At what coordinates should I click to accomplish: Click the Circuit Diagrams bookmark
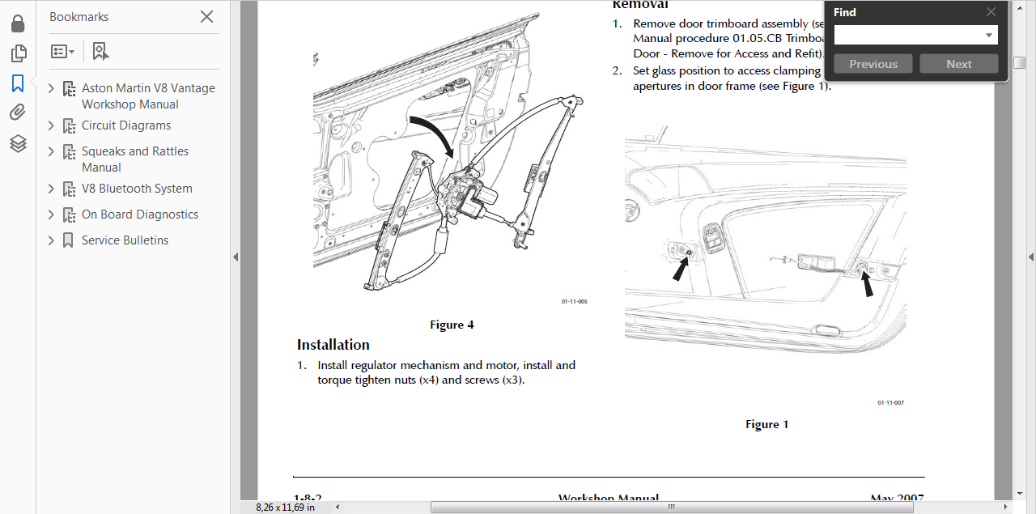125,125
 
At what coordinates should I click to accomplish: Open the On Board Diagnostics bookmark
139,215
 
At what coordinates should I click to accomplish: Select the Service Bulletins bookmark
125,240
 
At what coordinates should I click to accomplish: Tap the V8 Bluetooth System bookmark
137,189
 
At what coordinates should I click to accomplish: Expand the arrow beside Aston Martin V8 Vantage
52,88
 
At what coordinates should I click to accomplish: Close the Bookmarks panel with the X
206,17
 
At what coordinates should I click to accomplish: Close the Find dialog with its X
991,12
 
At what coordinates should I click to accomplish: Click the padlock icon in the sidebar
18,23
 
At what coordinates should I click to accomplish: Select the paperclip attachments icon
18,113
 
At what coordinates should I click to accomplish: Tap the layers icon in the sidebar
18,143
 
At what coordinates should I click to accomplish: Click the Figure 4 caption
452,325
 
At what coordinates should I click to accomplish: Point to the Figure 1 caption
766,424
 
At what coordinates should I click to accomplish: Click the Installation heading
333,345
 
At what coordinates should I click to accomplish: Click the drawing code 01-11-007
890,402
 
